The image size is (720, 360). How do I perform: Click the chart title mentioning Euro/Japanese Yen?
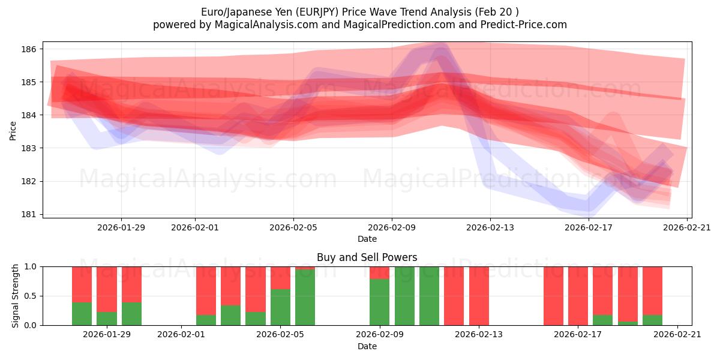point(359,11)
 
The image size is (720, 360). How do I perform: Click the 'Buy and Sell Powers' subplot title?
point(367,257)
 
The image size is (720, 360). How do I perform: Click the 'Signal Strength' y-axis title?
point(16,296)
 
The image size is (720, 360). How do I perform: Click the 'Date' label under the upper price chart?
point(367,239)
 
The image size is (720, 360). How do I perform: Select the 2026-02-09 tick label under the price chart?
point(392,227)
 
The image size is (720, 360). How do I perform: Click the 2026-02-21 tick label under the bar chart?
point(677,334)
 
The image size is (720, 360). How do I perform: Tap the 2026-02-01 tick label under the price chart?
point(195,227)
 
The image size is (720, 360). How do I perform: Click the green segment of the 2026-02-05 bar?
point(280,307)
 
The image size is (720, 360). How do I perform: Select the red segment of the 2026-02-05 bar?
point(280,277)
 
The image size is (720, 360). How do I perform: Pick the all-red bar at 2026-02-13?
point(479,296)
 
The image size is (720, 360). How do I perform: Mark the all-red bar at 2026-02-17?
point(578,296)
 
